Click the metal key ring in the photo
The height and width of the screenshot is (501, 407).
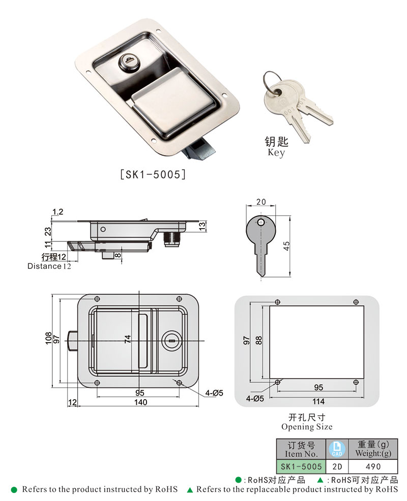coord(274,82)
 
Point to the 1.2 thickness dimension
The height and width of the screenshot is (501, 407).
coord(57,211)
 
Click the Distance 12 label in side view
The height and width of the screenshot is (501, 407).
coord(49,266)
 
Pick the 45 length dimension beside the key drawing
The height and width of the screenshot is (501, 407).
coord(287,245)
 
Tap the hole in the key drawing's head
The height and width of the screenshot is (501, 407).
coord(260,223)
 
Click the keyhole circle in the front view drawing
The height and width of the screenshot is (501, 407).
coord(171,341)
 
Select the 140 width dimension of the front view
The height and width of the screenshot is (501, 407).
coord(140,403)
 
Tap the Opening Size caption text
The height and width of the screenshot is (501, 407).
coord(307,427)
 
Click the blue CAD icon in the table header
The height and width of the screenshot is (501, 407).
coord(336,449)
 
